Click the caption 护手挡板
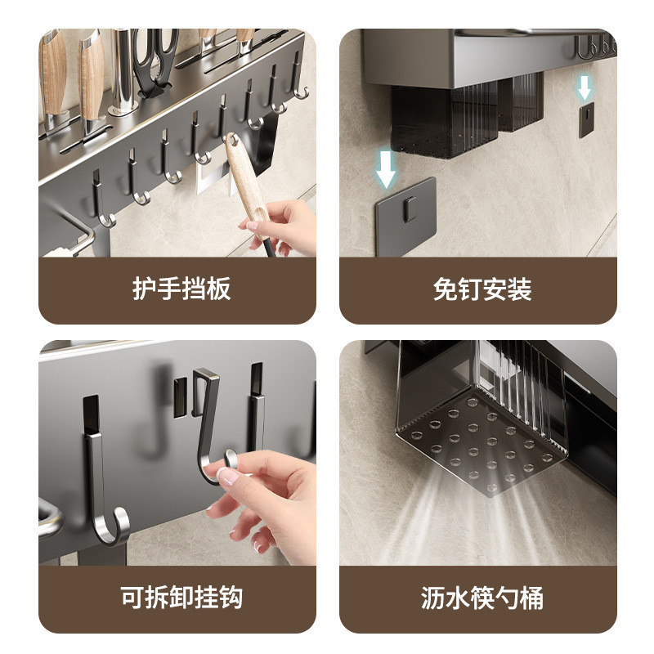(x=181, y=289)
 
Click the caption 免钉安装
(x=482, y=289)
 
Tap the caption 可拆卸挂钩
(x=181, y=598)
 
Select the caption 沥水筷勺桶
(x=482, y=598)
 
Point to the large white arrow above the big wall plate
(x=386, y=169)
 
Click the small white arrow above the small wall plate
(x=585, y=87)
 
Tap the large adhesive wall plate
(x=405, y=217)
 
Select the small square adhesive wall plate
(x=587, y=120)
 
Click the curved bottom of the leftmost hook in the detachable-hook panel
(x=111, y=526)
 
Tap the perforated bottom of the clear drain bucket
(x=482, y=443)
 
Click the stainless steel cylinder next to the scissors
(x=123, y=71)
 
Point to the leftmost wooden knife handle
(x=53, y=72)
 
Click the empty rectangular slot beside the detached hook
(x=180, y=397)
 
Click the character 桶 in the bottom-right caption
(x=531, y=598)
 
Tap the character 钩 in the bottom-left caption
(x=231, y=598)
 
